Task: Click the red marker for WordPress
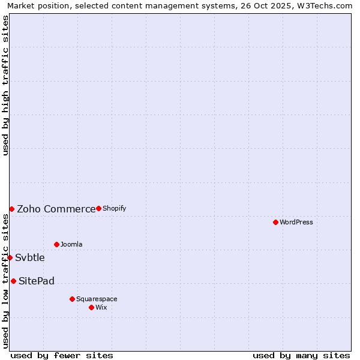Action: (275, 222)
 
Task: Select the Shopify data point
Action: (98, 208)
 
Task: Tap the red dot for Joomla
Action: (56, 244)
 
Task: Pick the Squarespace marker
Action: (72, 299)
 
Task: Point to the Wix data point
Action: (91, 307)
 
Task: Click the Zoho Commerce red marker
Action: (11, 209)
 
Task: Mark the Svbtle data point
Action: (10, 257)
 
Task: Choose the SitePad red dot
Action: (13, 281)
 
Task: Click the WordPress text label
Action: (296, 222)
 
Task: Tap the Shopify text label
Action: (115, 208)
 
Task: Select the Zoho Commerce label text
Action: (56, 209)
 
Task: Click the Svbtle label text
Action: (30, 257)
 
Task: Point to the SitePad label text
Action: (37, 281)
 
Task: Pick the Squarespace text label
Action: (97, 299)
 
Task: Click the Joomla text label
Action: (71, 244)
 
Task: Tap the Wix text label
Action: (101, 307)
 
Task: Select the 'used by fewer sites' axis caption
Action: (62, 355)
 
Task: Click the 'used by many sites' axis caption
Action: (301, 355)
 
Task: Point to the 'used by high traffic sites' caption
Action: (6, 85)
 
